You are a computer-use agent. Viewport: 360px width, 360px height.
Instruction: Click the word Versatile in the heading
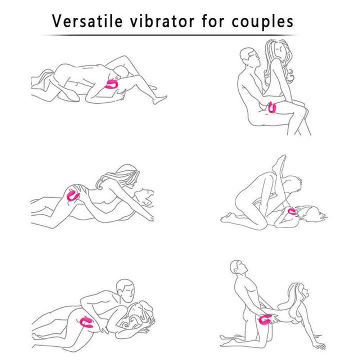[x=87, y=21]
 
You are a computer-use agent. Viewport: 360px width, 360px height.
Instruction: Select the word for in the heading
[x=213, y=21]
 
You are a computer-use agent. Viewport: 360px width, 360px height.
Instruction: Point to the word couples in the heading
[x=262, y=22]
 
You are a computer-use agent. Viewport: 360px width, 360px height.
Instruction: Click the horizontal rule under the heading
[x=169, y=35]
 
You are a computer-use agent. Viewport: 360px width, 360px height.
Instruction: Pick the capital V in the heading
[x=58, y=21]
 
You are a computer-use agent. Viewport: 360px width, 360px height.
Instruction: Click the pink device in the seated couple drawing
[x=272, y=108]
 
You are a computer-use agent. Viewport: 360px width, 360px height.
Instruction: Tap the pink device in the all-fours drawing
[x=266, y=320]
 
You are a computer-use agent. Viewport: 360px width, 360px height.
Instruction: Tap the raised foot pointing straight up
[x=279, y=163]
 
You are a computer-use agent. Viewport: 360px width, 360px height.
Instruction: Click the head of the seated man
[x=250, y=57]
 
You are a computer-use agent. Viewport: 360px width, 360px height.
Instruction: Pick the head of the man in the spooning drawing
[x=125, y=290]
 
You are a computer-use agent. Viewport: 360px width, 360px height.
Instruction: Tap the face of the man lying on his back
[x=144, y=197]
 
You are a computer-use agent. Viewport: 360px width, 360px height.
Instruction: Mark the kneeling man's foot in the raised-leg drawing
[x=227, y=217]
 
